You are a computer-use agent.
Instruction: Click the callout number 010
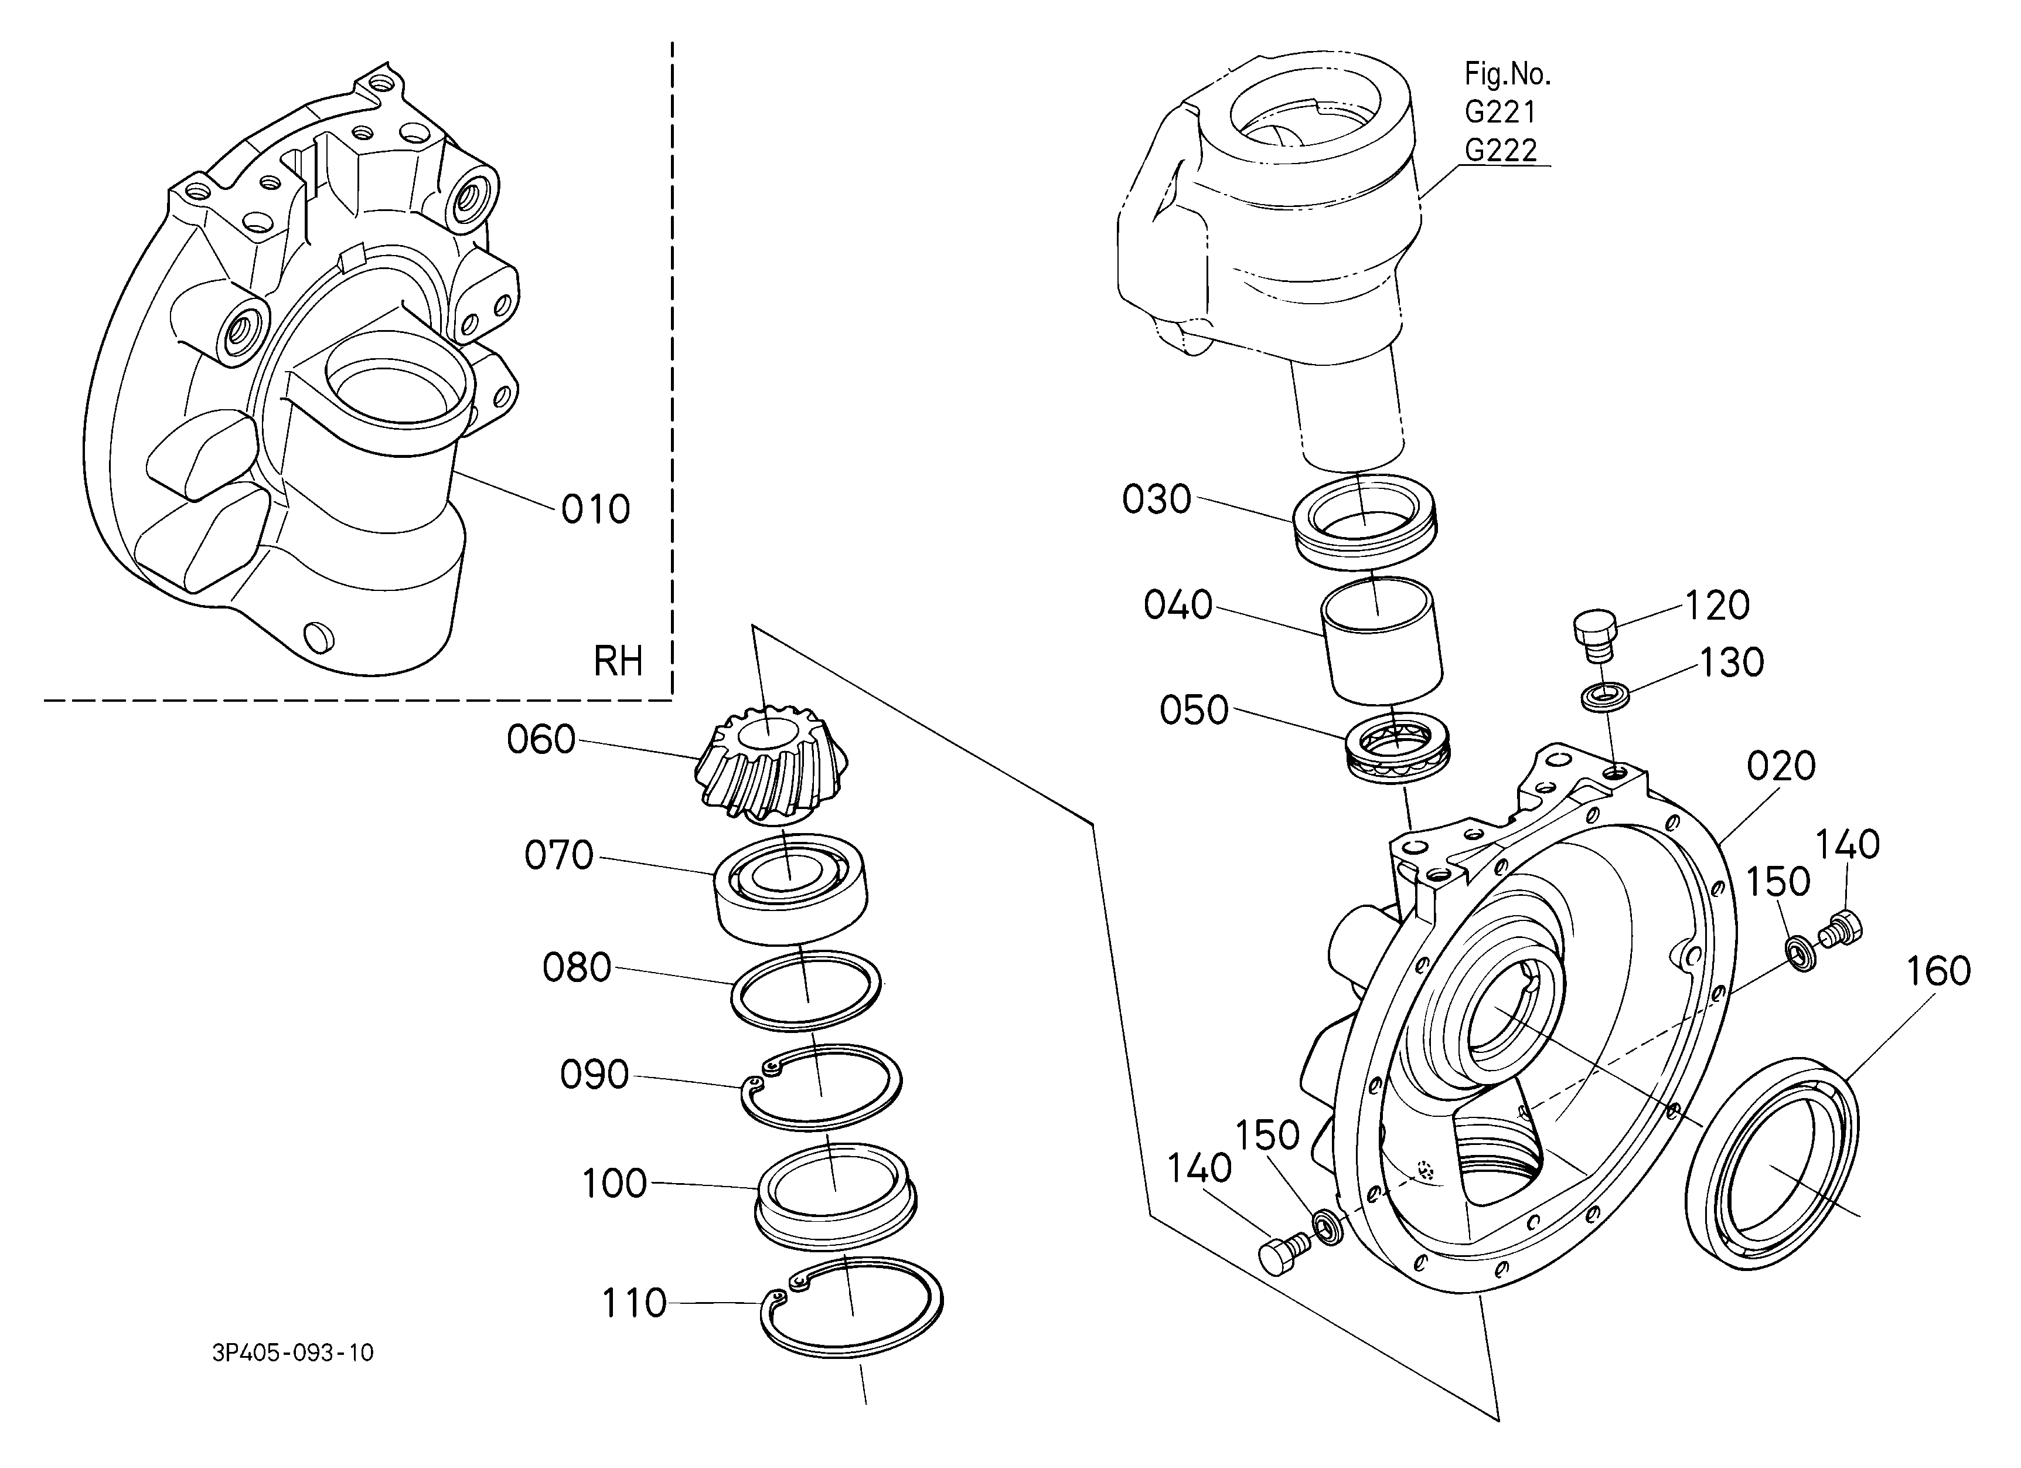point(595,510)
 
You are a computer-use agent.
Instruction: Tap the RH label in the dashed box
point(618,662)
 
